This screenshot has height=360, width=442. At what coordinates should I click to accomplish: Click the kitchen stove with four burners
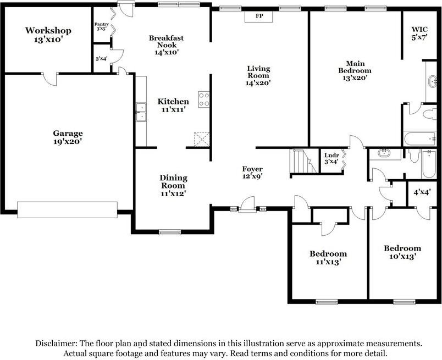[x=203, y=99]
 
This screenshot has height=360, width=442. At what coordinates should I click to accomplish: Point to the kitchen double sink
[x=141, y=112]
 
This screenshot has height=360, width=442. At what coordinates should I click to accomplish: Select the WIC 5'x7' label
[x=421, y=33]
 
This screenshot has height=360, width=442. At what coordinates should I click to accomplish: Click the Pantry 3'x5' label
[x=101, y=26]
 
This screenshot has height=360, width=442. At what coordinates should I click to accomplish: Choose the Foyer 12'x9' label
[x=252, y=173]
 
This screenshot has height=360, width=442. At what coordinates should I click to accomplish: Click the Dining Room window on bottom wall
[x=170, y=232]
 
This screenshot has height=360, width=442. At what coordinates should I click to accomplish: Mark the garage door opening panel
[x=67, y=209]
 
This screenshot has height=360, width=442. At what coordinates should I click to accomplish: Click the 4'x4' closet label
[x=422, y=192]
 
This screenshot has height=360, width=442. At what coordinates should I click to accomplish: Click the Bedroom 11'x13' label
[x=328, y=258]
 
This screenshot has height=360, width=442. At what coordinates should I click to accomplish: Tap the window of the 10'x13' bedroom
[x=404, y=301]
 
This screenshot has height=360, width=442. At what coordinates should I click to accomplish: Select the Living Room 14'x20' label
[x=258, y=76]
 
